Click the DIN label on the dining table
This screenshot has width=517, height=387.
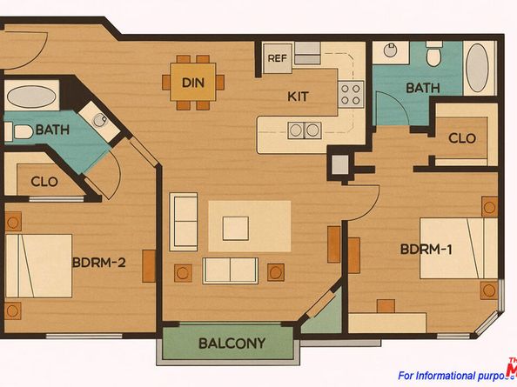(x=192, y=83)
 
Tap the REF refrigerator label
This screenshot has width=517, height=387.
(x=277, y=58)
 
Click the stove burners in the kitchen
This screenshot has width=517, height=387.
(x=351, y=93)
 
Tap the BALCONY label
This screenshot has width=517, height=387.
(x=232, y=343)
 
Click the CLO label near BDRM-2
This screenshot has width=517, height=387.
(x=44, y=183)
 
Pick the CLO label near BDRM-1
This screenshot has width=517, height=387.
(x=461, y=138)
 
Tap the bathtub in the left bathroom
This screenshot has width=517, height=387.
(x=33, y=95)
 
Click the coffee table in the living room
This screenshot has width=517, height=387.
(x=236, y=228)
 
